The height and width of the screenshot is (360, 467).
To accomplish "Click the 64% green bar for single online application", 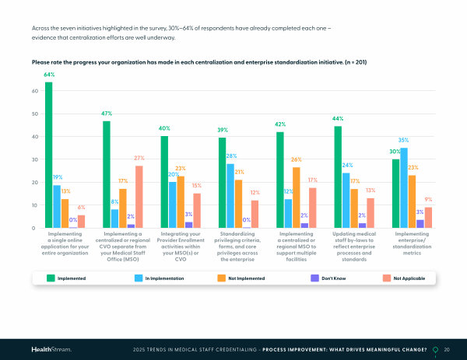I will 49,155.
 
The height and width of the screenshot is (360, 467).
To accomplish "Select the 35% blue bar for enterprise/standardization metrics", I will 404,187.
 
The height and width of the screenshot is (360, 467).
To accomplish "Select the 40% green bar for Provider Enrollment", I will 164,182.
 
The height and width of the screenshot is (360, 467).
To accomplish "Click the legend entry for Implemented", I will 65,278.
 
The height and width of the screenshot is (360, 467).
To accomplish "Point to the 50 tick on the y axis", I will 35,114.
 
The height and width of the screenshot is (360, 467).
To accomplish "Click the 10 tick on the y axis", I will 35,205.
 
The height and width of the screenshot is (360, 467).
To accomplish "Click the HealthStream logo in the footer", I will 51,350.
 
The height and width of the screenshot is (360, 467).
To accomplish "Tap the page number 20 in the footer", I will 447,350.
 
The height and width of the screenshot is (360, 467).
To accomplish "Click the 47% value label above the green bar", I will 107,114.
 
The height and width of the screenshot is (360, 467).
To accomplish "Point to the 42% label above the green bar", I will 280,124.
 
